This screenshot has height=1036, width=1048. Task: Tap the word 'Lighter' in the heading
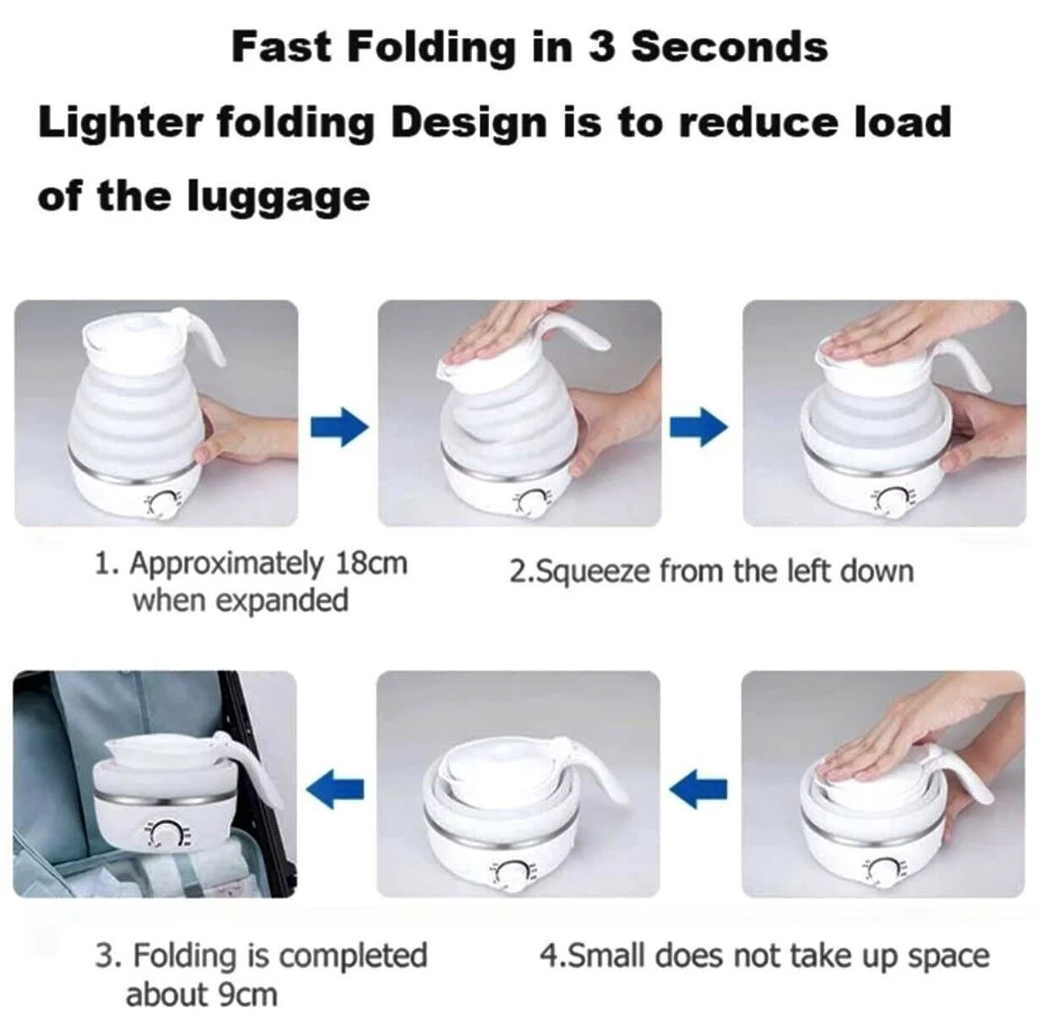(x=120, y=123)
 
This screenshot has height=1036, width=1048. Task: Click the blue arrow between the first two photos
(x=339, y=427)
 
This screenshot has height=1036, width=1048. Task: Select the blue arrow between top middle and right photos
(x=698, y=427)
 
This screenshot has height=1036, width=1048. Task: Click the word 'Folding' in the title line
(x=431, y=46)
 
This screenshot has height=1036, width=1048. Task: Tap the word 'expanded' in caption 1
(x=283, y=601)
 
